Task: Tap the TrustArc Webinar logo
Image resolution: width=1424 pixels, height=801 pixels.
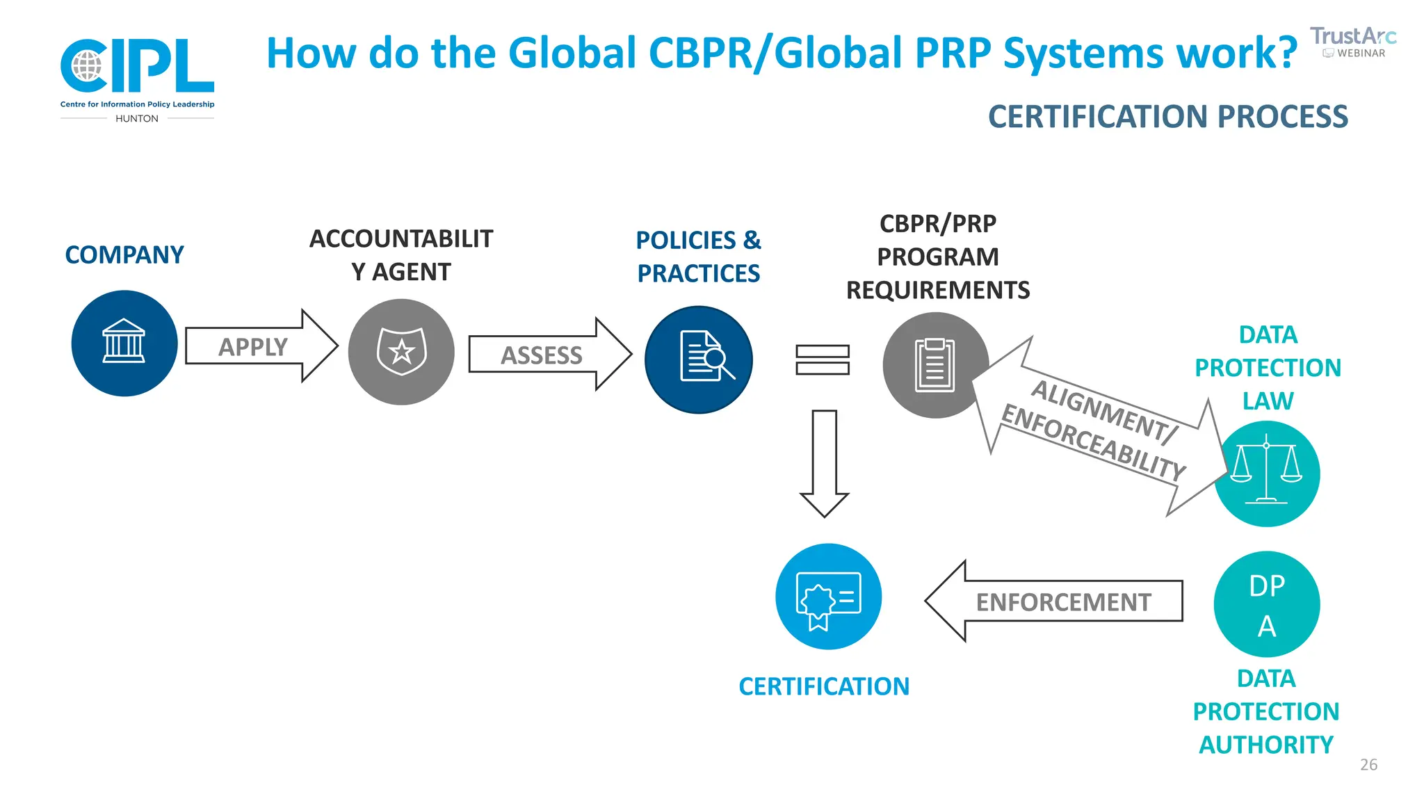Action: pyautogui.click(x=1352, y=42)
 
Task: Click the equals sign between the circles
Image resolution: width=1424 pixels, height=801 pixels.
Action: pyautogui.click(x=823, y=359)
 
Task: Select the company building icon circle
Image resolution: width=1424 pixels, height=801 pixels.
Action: pyautogui.click(x=124, y=343)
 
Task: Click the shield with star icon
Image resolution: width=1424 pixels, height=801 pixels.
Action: pyautogui.click(x=401, y=352)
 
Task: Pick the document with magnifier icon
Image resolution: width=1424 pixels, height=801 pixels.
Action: pyautogui.click(x=699, y=359)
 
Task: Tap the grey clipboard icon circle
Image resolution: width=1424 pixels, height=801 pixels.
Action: pyautogui.click(x=935, y=365)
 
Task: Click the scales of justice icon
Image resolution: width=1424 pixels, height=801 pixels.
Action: pyautogui.click(x=1266, y=474)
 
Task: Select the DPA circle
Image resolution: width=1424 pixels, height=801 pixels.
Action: pyautogui.click(x=1266, y=604)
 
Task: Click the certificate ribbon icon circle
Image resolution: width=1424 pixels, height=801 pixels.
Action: pyautogui.click(x=828, y=597)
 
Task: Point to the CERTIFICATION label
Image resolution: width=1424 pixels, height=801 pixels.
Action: pyautogui.click(x=824, y=686)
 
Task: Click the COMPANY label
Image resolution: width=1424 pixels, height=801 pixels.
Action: pyautogui.click(x=124, y=254)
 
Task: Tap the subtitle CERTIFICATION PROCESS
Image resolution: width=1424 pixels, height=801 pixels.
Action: pyautogui.click(x=1167, y=117)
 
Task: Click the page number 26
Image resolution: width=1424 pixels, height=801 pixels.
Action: pyautogui.click(x=1368, y=765)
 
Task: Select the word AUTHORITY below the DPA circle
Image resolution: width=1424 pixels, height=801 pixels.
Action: pyautogui.click(x=1266, y=745)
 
